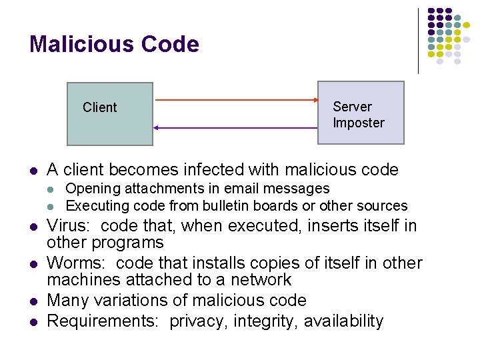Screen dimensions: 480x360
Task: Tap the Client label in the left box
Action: tap(99, 107)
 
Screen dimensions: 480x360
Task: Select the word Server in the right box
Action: tap(352, 107)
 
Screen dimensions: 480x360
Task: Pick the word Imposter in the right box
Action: tap(359, 123)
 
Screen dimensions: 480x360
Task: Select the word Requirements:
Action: tap(103, 321)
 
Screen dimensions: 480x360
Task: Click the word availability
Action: tap(344, 321)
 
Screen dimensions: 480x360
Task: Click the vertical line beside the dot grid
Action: tap(418, 40)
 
